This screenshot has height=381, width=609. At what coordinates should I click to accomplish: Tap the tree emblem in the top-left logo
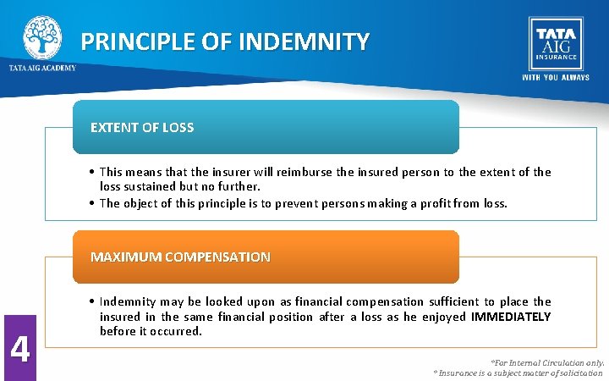coord(42,36)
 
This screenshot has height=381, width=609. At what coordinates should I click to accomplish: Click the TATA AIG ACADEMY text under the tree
coord(42,68)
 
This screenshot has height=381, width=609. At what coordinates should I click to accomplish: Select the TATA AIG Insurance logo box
coord(555,42)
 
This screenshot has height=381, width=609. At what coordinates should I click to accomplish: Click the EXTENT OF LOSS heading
coord(142,128)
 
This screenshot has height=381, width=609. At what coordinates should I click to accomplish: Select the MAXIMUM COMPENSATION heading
coord(180,257)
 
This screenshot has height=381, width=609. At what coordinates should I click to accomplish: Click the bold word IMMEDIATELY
coord(511,317)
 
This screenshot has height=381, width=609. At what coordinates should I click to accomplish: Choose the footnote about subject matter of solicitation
coord(518,373)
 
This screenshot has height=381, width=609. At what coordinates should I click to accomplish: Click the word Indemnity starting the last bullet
coord(127,301)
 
